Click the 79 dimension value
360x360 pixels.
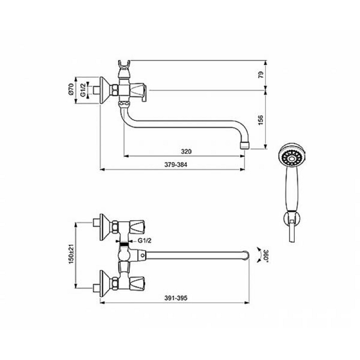click(261, 75)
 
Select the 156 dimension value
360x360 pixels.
click(261, 120)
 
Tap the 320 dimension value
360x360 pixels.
click(186, 152)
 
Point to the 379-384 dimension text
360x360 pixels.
click(176, 165)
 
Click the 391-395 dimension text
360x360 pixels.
click(176, 298)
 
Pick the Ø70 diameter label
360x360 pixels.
click(71, 89)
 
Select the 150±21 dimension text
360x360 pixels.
click(71, 254)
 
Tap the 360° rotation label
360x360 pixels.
click(266, 255)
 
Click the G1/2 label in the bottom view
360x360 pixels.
click(145, 241)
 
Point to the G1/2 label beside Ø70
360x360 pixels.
click(83, 90)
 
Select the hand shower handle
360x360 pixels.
click(292, 190)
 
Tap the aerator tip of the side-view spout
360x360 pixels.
click(244, 145)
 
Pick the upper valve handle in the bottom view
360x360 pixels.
click(137, 227)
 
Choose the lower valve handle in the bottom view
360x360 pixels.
click(137, 283)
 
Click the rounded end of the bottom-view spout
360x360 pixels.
click(246, 255)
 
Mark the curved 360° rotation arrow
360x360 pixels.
click(259, 255)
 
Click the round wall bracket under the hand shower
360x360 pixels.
click(292, 219)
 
